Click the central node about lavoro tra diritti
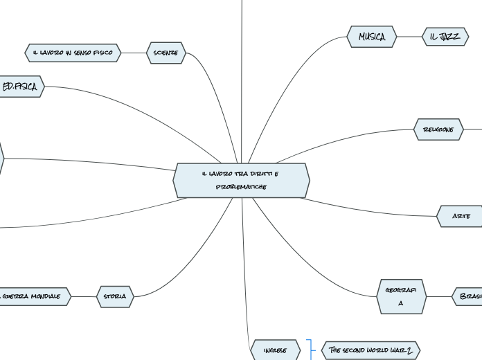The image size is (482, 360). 241,180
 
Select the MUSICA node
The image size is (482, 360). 372,37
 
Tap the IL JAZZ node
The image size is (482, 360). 445,37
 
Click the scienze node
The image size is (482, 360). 166,53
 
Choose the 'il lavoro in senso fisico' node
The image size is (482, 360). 73,53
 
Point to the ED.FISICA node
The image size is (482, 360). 21,87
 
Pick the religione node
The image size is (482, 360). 438,129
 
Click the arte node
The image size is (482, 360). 461,216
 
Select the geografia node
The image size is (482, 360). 401,296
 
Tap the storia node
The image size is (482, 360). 115,296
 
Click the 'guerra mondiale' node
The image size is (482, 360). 35,296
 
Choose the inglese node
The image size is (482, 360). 276,350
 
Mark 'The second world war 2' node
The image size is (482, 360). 371,350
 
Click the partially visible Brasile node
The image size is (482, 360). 469,296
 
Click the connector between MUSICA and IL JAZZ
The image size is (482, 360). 409,37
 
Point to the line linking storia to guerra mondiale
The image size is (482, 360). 84,296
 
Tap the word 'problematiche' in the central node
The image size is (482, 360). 241,187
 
